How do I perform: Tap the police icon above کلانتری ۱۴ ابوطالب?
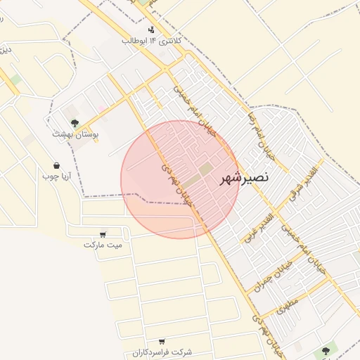151,30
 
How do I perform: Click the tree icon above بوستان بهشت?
75,123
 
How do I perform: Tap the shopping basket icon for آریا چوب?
56,166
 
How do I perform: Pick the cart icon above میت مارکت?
103,234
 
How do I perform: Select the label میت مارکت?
103,245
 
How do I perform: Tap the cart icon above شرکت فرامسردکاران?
162,341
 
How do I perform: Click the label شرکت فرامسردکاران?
162,351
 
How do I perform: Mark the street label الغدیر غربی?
257,227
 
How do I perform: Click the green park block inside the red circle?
205,169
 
